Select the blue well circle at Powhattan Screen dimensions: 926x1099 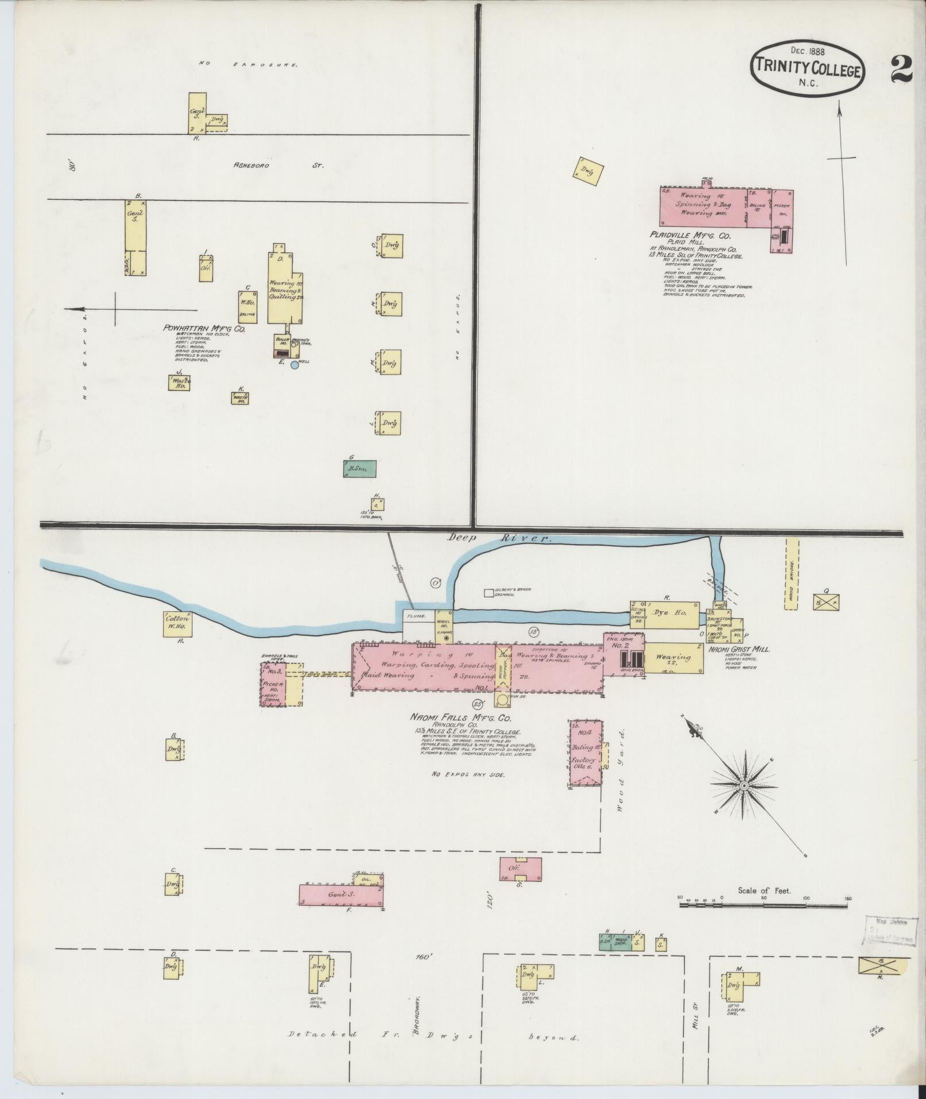click(x=295, y=365)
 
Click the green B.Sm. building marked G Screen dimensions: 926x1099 click(x=360, y=469)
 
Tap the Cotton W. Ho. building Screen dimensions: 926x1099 click(x=176, y=623)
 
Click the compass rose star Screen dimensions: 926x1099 click(x=744, y=785)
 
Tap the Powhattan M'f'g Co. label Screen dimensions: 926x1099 click(x=204, y=328)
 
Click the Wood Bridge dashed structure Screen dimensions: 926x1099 click(x=792, y=573)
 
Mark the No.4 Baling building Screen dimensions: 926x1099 click(x=586, y=753)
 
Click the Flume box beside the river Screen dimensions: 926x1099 click(x=417, y=617)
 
